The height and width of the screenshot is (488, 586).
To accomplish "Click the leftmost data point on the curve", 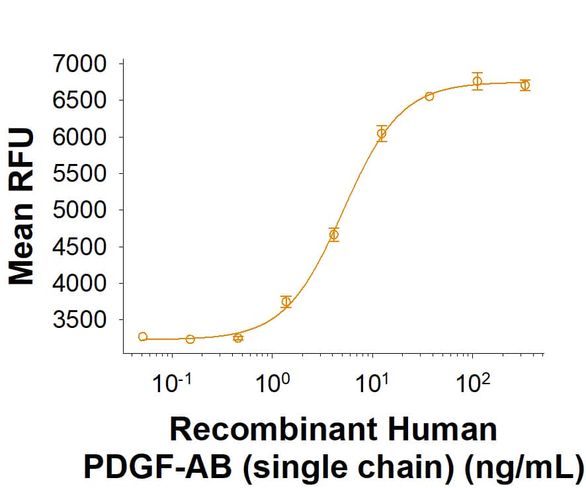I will (x=143, y=337).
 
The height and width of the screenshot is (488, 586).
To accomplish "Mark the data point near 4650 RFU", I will (x=334, y=235).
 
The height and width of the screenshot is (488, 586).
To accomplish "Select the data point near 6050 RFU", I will (x=382, y=134).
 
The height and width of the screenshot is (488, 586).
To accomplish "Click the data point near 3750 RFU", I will (x=286, y=302).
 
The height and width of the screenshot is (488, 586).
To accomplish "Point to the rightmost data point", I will (x=525, y=85).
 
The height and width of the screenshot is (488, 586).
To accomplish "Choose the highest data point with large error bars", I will (x=477, y=81).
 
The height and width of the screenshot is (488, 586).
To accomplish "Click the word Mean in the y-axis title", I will (x=21, y=251).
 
